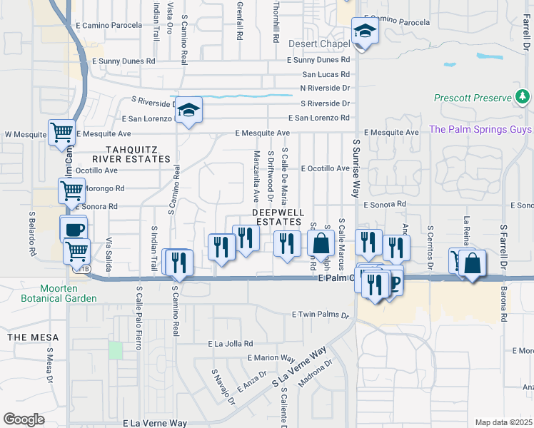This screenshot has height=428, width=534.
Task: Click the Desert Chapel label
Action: point(319,44)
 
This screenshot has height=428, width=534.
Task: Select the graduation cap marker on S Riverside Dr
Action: point(189,110)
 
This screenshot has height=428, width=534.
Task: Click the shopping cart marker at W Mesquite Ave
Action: point(62,133)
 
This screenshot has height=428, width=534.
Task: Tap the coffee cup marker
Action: point(74,229)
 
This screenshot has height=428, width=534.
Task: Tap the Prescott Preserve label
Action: point(473,98)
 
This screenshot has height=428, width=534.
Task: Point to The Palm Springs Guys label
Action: point(479,129)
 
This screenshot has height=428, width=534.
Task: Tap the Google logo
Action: point(23,419)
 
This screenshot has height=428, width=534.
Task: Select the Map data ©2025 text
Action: point(503,422)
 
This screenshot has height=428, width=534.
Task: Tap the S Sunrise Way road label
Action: point(355,168)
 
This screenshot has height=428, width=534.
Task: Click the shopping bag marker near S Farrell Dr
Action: point(473,263)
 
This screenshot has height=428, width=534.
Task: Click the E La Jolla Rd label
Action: point(231,343)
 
